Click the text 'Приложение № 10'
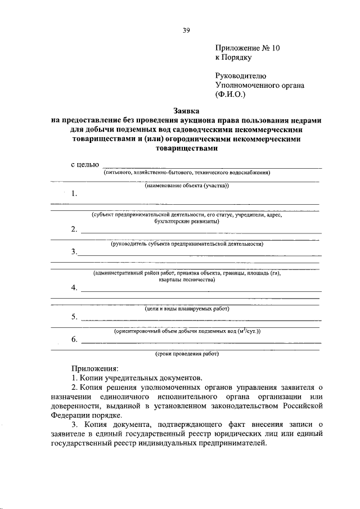247,48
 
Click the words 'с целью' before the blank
85,164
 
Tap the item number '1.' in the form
75,193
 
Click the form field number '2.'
75,229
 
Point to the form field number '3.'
75,251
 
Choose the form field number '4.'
75,287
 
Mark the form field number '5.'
75,317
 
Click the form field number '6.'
75,339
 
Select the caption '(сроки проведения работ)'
187,354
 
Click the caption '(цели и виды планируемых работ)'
186,309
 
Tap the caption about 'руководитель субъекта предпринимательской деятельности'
186,244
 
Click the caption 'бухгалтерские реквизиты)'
186,221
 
